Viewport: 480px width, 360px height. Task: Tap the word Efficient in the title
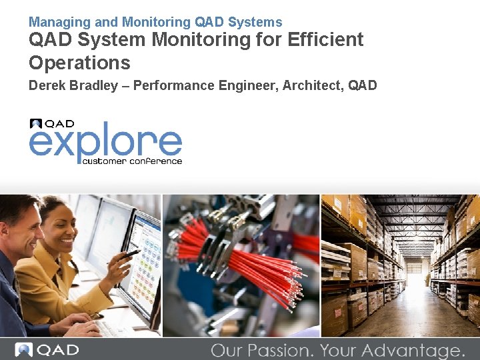point(325,40)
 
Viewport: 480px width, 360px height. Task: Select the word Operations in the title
point(79,63)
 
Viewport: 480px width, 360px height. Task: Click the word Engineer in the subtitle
point(251,85)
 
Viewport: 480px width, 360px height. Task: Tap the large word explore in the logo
point(105,143)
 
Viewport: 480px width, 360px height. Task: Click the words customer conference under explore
point(132,161)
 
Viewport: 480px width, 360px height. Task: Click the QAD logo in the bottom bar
point(47,350)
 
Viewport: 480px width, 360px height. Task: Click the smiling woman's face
point(56,227)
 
